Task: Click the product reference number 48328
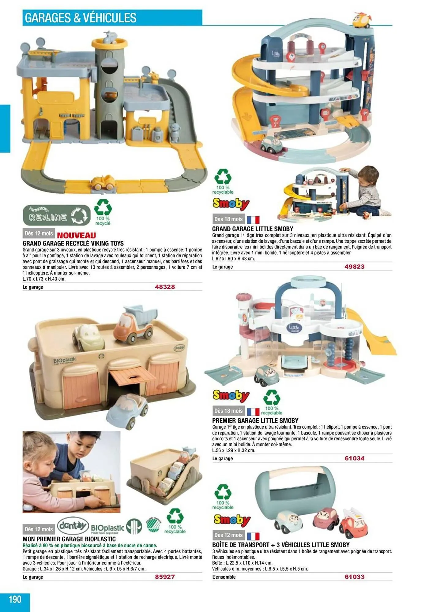[165, 287]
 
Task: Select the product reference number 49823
[355, 267]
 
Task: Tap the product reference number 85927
[165, 577]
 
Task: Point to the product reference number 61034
[355, 458]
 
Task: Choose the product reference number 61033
[355, 577]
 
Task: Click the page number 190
[15, 599]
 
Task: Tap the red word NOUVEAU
[76, 235]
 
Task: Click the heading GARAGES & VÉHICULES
[81, 18]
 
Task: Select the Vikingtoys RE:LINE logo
[57, 215]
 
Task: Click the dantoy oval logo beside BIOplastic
[73, 526]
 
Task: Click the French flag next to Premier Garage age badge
[253, 412]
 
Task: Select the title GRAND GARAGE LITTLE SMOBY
[253, 229]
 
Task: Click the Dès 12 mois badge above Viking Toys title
[39, 233]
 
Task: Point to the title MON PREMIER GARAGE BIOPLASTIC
[69, 539]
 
